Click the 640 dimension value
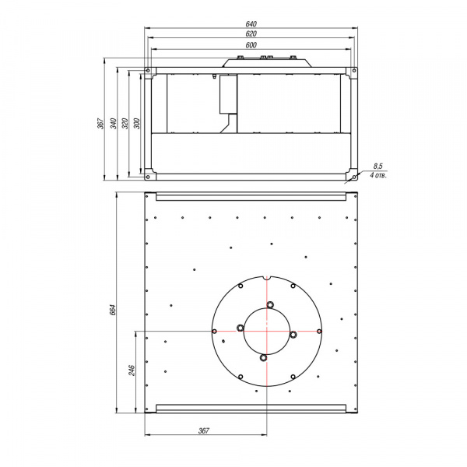tap(251, 24)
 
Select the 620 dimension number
tap(251, 34)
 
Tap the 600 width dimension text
tap(251, 45)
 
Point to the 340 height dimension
tap(114, 123)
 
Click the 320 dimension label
tap(125, 123)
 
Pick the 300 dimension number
tap(136, 123)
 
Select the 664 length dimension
tap(113, 310)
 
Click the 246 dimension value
tap(132, 370)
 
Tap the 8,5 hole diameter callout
tap(377, 167)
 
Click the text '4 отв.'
tap(378, 175)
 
